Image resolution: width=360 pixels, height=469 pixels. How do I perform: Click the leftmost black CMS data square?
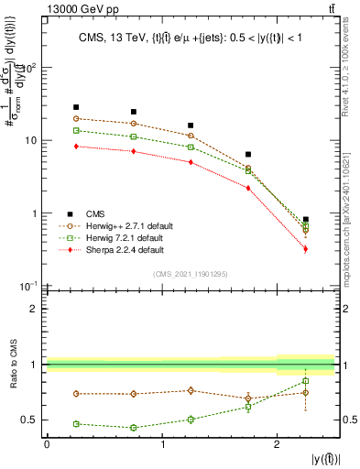click(76, 107)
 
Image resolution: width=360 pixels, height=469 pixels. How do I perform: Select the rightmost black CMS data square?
click(306, 220)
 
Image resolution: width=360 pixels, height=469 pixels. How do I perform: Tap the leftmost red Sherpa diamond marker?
click(76, 146)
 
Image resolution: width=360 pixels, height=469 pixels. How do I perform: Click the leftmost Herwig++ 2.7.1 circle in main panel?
click(76, 119)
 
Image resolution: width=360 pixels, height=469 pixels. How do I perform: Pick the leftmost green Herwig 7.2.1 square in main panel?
click(76, 131)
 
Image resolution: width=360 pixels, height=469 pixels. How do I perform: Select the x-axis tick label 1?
click(162, 443)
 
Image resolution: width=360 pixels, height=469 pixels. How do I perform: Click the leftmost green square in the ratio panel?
click(76, 424)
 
